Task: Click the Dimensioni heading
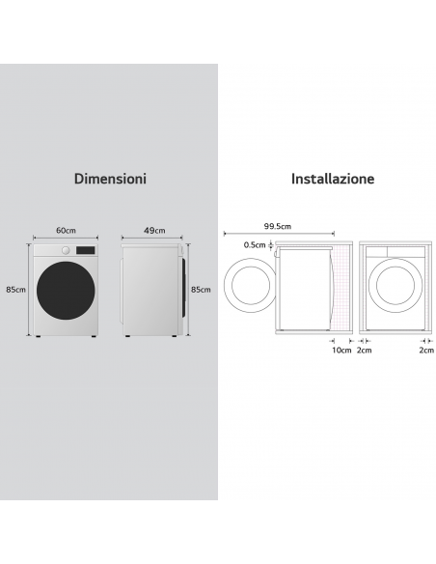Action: tap(110, 179)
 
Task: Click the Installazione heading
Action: tap(333, 179)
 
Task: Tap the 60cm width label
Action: tap(66, 230)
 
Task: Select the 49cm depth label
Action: tap(154, 230)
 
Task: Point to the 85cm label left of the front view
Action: tap(15, 290)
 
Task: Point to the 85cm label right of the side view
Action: tap(201, 290)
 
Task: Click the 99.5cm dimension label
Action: tap(278, 226)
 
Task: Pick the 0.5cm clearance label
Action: tap(255, 245)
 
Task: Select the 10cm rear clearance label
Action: tap(341, 350)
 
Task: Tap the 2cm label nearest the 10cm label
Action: tap(365, 350)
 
